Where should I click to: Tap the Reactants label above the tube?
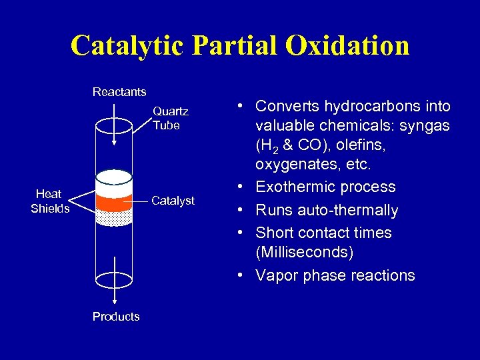[x=119, y=91]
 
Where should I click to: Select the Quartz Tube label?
[x=170, y=119]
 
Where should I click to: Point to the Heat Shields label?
[x=49, y=201]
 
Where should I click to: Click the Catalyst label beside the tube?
[x=173, y=201]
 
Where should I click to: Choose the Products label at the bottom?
[x=116, y=317]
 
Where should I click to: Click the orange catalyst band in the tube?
[x=114, y=201]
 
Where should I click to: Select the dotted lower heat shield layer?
[x=114, y=217]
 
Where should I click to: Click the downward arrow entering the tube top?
[x=114, y=133]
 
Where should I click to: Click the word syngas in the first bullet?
[x=425, y=126]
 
